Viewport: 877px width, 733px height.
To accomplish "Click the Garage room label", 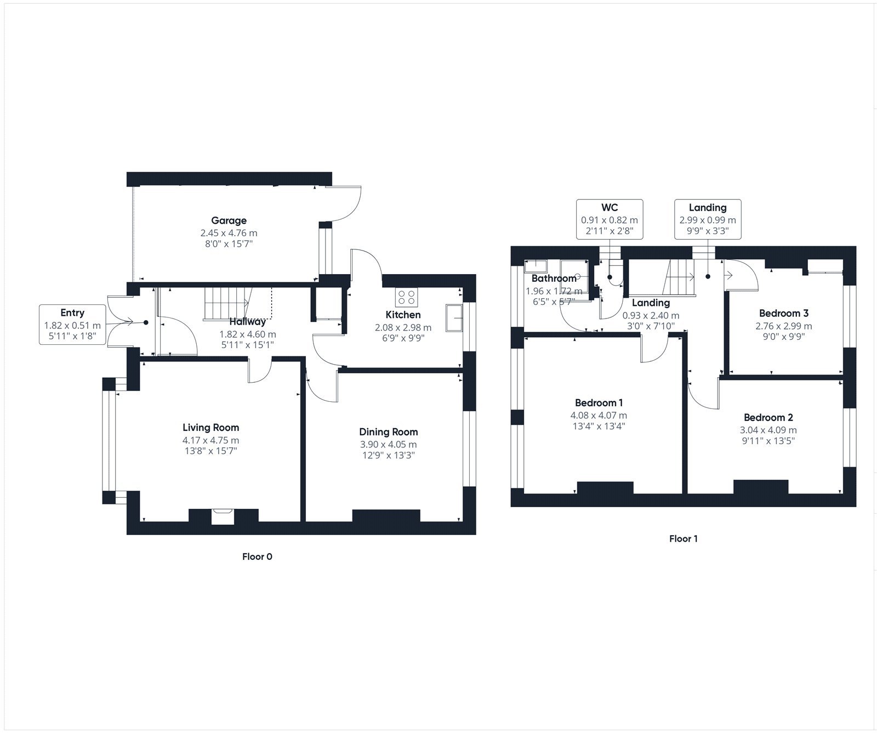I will [x=229, y=220].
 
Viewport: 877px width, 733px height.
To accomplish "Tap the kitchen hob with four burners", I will [x=406, y=298].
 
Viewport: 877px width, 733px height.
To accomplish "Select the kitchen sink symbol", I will [x=454, y=318].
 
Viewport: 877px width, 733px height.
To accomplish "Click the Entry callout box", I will [x=72, y=325].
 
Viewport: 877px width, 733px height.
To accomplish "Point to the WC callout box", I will [x=610, y=219].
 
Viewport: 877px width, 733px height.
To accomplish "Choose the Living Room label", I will [x=210, y=428].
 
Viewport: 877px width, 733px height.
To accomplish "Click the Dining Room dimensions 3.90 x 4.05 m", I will [x=388, y=445].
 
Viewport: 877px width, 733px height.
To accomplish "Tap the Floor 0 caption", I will [x=257, y=557].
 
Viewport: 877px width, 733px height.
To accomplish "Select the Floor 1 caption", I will [x=683, y=539].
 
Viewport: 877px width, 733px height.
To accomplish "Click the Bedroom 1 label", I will [x=599, y=403].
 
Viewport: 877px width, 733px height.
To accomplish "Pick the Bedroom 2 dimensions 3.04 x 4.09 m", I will [x=768, y=430].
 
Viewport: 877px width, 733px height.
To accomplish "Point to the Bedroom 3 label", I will [x=783, y=314].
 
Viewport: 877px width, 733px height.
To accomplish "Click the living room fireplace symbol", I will [x=223, y=515].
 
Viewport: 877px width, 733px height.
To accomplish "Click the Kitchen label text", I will [x=403, y=315].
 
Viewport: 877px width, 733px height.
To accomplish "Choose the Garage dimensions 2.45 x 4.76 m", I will [x=229, y=234].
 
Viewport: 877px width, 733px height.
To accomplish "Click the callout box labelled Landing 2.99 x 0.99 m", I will [x=708, y=219].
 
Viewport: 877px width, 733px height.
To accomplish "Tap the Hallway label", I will [x=247, y=322].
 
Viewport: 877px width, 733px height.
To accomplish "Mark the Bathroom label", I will [x=554, y=279].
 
